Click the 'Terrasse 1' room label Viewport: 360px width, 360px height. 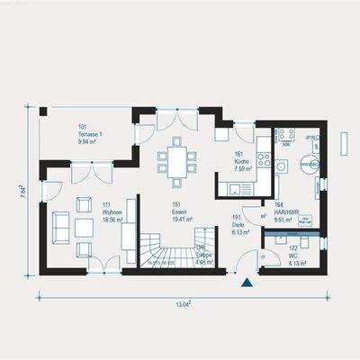click(91, 134)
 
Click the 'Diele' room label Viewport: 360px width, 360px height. click(238, 224)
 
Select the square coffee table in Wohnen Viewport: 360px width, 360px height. click(85, 226)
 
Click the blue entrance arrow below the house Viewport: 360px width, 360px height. click(246, 283)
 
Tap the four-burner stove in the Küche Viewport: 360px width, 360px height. click(264, 159)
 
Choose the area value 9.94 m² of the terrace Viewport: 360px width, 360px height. click(87, 141)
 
